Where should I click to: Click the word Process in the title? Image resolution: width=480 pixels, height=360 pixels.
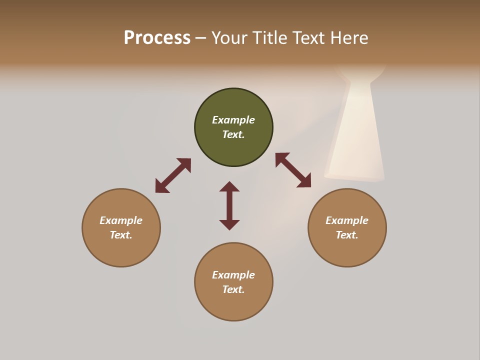pos(157,38)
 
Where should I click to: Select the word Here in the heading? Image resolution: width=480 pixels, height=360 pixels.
pos(349,38)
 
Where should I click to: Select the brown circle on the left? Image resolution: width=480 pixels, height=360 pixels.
pos(121,250)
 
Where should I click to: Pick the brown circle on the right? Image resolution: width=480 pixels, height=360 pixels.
pos(347,250)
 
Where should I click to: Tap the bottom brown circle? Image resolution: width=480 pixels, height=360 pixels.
pos(233,305)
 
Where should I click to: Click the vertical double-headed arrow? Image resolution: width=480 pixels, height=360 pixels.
pos(229,205)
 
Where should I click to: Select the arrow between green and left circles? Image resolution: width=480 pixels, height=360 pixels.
pos(173,175)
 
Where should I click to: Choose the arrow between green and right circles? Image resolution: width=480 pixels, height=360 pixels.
pos(293,170)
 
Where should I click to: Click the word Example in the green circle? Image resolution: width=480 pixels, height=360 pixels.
pos(233,120)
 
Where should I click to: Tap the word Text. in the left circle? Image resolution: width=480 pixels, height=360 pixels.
pos(121,235)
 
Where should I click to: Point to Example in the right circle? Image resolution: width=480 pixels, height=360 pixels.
pos(347,220)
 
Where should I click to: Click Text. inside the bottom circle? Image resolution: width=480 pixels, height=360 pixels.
pos(233,289)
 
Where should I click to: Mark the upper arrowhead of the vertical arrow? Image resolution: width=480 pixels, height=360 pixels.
pos(229,186)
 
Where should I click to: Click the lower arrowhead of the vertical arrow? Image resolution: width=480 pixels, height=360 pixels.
pos(229,224)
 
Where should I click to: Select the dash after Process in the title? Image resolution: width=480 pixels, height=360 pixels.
pos(200,38)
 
